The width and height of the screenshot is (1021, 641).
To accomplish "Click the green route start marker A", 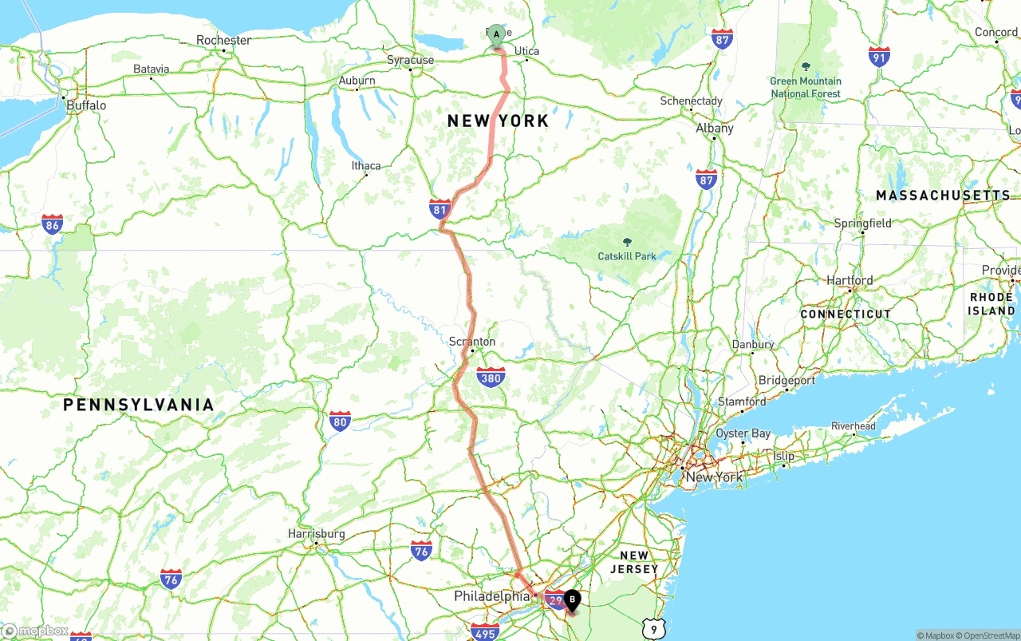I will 496,34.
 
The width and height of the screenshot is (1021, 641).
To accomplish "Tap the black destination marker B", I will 572,599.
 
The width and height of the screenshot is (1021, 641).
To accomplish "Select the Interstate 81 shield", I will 440,209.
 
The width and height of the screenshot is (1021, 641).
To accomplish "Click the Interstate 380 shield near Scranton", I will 491,377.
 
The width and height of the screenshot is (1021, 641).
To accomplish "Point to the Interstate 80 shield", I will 340,421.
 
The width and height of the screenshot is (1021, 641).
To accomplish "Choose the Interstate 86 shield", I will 53,224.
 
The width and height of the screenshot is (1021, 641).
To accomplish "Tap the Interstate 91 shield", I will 879,56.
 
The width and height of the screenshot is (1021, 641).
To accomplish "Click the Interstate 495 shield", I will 485,632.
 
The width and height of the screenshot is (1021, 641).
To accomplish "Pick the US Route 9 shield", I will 653,629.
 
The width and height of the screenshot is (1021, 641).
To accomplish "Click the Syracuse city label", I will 410,60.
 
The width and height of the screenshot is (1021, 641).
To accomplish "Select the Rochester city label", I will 223,40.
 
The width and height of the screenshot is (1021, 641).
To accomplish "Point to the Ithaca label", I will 366,166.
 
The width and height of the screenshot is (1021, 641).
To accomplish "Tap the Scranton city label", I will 471,342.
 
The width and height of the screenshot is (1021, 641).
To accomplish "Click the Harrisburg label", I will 317,533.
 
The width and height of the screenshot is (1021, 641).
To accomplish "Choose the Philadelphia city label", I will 491,596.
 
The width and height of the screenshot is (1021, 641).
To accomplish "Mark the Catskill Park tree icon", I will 626,242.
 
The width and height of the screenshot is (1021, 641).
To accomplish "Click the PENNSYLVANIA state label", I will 139,405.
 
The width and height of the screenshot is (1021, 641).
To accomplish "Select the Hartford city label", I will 850,280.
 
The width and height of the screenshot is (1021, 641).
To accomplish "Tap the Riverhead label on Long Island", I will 853,426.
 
